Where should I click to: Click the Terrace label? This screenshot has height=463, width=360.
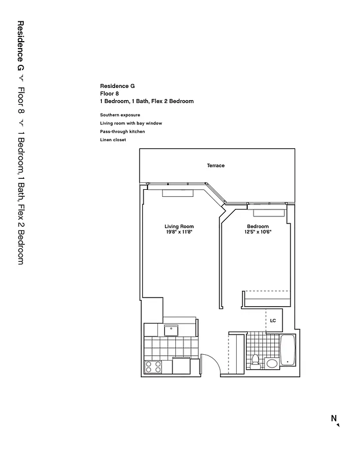coord(216,166)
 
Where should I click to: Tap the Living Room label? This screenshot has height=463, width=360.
coord(179,226)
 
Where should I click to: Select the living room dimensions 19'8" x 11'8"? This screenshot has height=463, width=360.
coord(179,232)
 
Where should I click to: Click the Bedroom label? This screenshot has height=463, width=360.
coord(258,226)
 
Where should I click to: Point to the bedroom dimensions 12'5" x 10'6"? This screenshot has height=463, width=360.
coord(258,232)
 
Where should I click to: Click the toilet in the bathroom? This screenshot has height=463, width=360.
coord(255,361)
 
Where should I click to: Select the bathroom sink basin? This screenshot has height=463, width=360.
coord(271,363)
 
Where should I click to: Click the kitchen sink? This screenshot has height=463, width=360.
coord(172,330)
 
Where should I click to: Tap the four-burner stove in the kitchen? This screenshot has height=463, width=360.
coord(153,366)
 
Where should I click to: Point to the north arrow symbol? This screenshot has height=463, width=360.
coord(338,425)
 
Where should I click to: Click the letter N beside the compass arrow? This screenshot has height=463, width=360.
coord(333,418)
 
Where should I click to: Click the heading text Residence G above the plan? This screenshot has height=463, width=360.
coord(117,86)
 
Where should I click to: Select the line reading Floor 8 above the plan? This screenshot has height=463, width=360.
coord(109,93)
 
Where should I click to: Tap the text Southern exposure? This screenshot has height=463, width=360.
coord(120,115)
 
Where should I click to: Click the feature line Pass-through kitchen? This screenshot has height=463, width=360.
coord(122,132)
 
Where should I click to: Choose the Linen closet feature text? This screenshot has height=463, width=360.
coord(113,140)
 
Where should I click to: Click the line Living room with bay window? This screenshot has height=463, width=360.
coord(131,123)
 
